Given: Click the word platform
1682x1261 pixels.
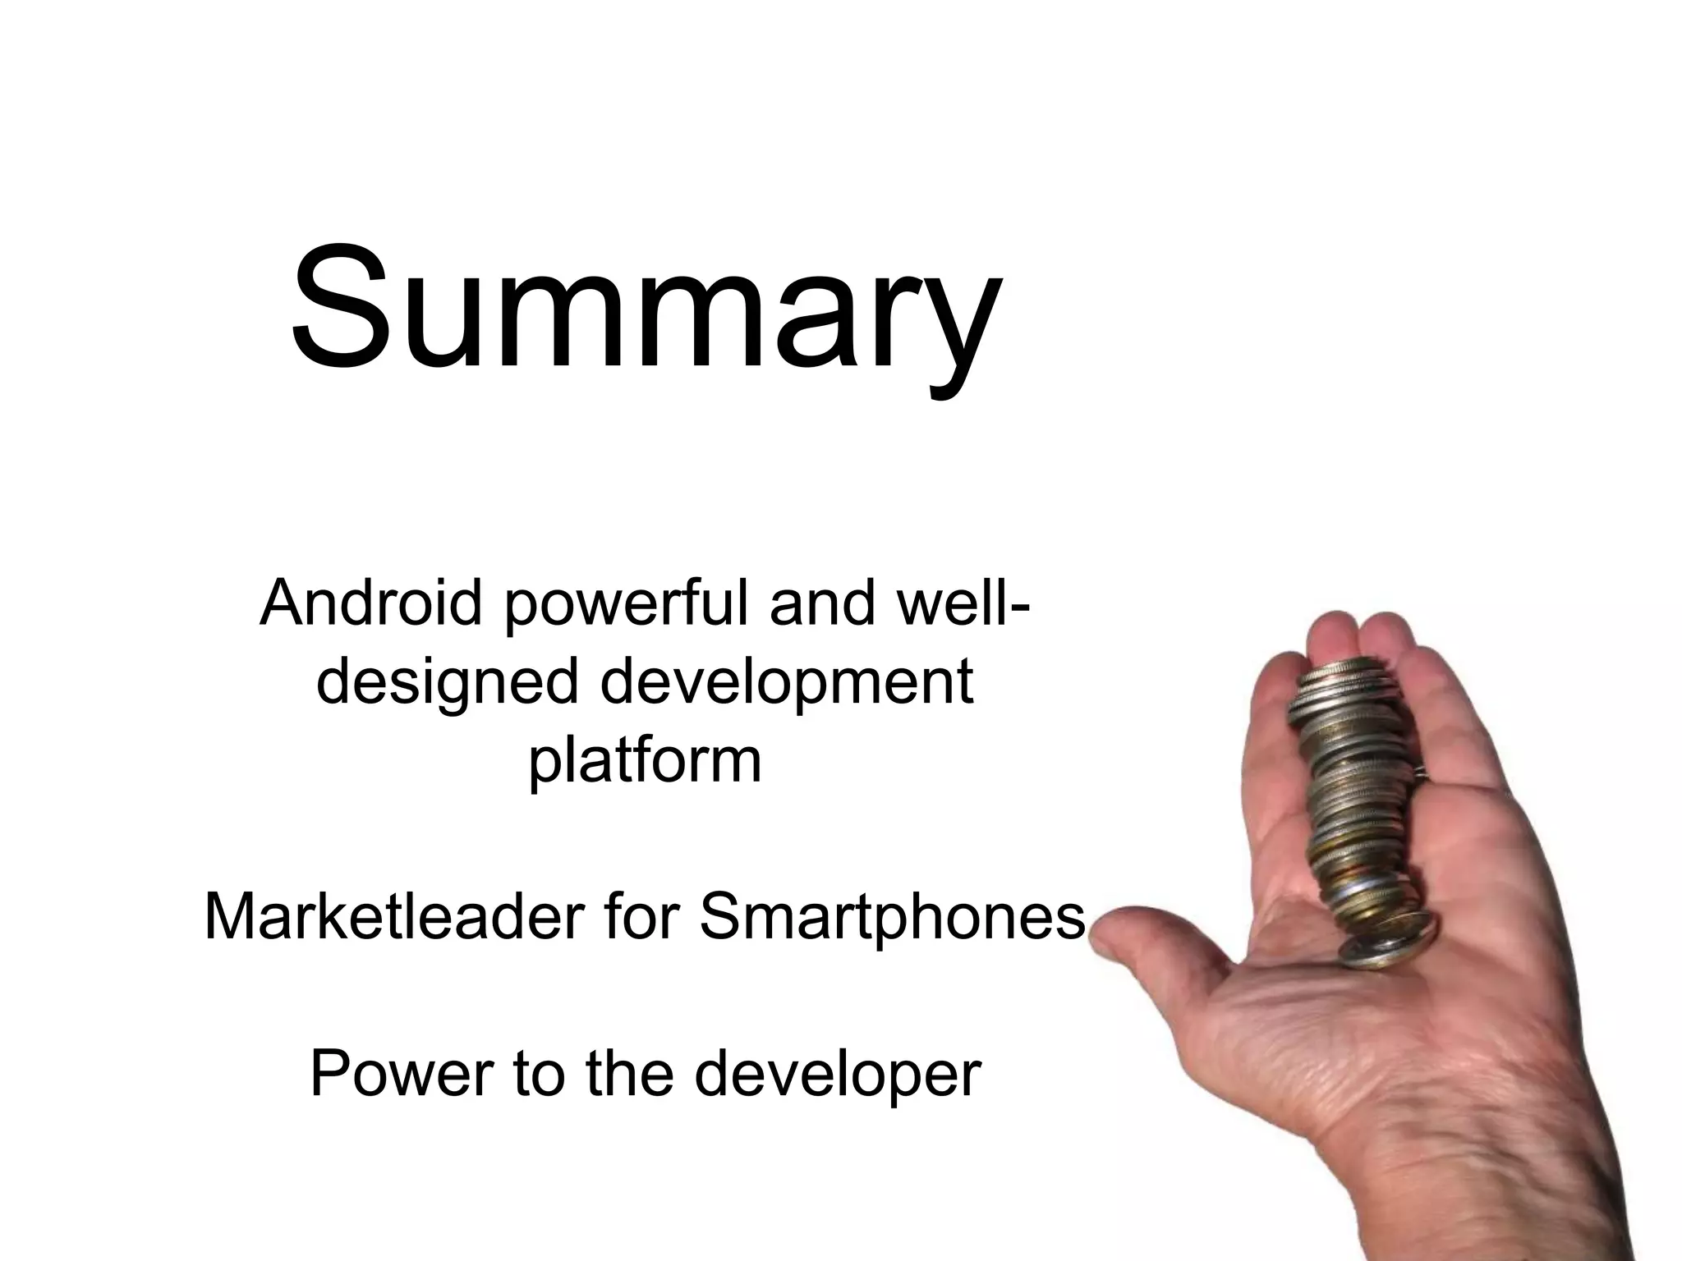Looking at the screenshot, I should [x=645, y=762].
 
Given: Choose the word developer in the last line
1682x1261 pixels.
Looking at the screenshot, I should [x=838, y=1075].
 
